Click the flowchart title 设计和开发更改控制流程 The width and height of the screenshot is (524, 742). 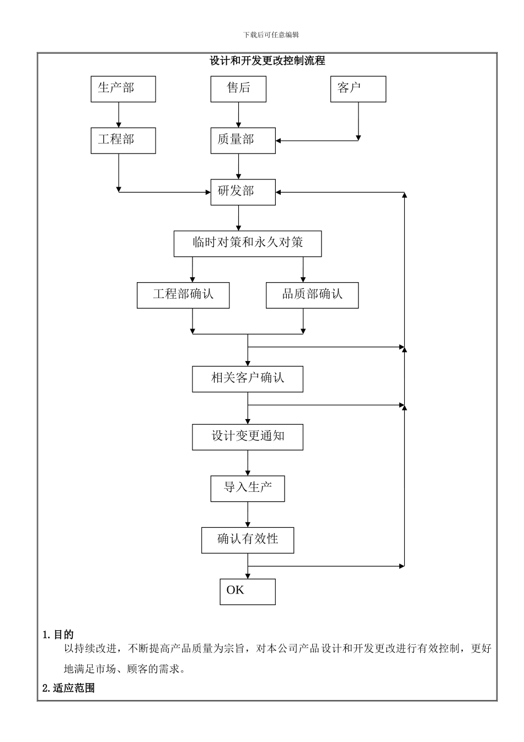268,61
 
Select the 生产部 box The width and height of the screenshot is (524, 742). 123,89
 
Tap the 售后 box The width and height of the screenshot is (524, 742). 238,89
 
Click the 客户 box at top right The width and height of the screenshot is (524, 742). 358,89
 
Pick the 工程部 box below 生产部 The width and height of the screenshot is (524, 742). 123,140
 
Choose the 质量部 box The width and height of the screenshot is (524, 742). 243,140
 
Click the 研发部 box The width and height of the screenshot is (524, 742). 243,192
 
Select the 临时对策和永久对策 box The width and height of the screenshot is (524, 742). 248,243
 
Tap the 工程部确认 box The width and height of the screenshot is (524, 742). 183,295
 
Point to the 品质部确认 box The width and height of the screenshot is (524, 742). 312,295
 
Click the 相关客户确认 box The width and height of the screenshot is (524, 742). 248,379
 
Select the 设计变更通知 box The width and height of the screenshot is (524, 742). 248,437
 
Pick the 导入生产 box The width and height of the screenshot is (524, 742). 248,488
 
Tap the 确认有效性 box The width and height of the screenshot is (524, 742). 248,540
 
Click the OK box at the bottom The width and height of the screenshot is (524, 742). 248,591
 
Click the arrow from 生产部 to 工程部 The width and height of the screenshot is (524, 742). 119,115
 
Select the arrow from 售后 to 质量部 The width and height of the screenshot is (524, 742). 238,115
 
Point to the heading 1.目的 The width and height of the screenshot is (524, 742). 58,635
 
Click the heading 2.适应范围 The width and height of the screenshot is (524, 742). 68,688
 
